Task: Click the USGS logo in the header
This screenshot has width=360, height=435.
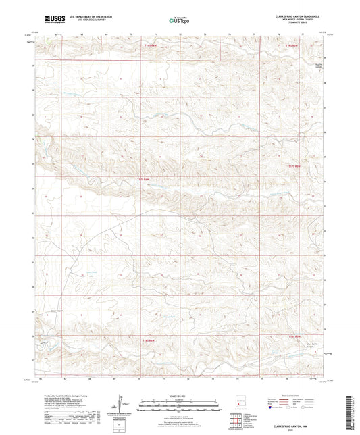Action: [51, 18]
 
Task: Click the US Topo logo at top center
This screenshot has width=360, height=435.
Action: [180, 20]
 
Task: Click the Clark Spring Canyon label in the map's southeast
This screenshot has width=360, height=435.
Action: [313, 344]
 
